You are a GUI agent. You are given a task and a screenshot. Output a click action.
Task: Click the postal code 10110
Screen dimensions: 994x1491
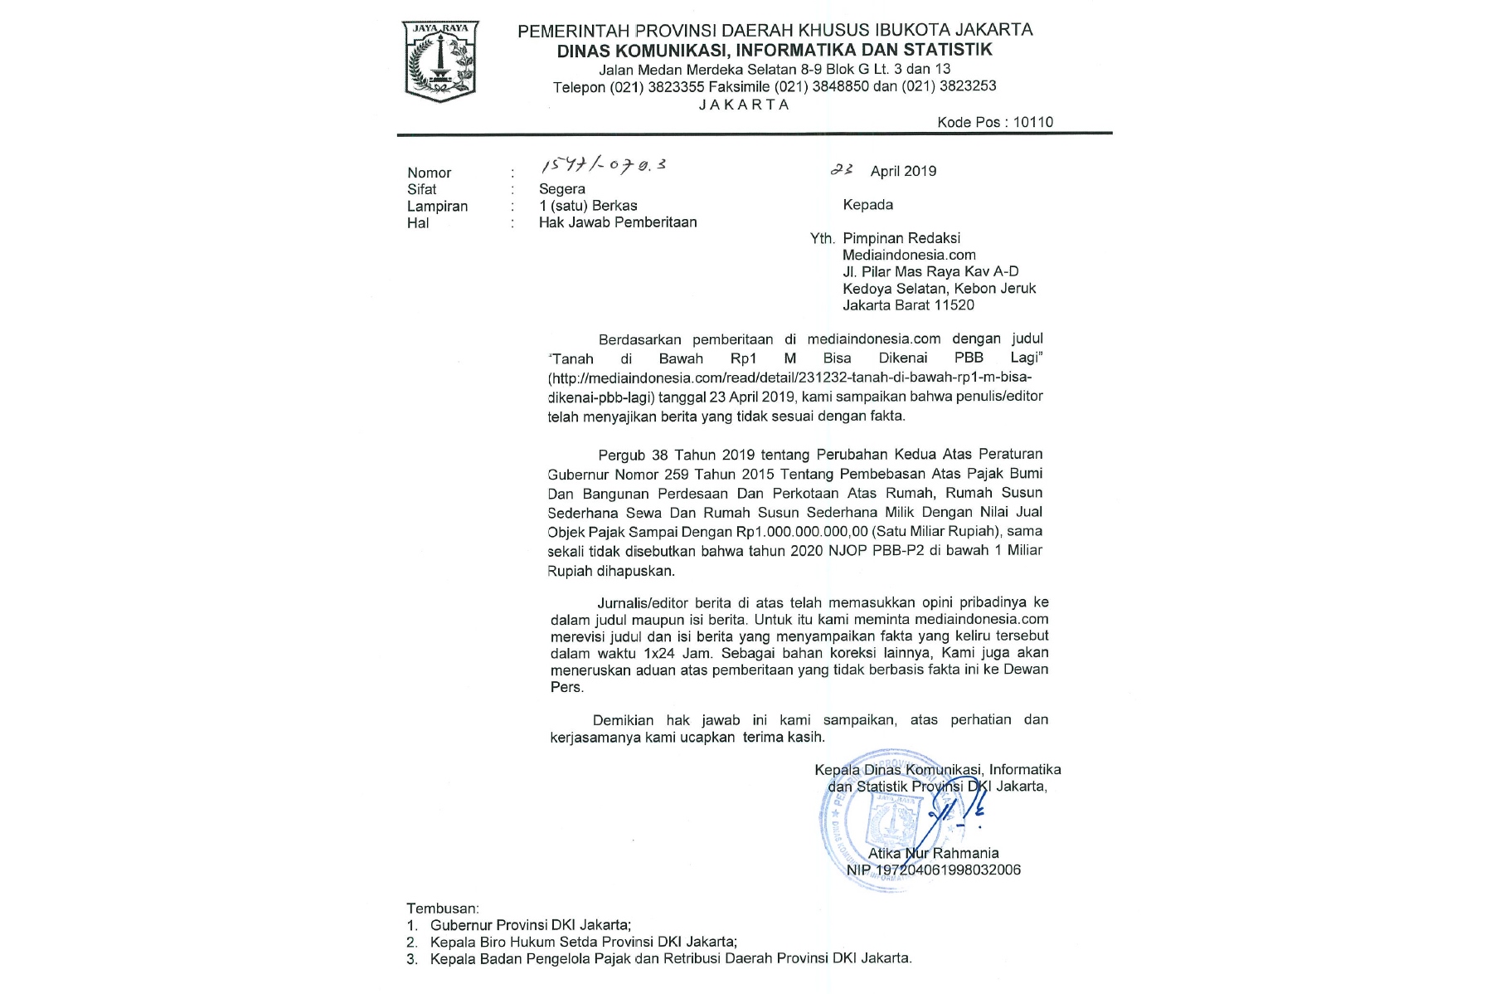(1032, 122)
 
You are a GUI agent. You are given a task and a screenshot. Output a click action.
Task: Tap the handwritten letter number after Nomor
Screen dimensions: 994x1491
(603, 166)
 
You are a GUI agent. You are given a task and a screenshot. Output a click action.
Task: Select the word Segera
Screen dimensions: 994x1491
(561, 189)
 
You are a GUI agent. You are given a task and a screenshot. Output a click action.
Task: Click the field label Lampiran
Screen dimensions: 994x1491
(437, 206)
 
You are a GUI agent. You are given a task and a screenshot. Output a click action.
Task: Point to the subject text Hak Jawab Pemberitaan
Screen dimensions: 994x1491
(617, 222)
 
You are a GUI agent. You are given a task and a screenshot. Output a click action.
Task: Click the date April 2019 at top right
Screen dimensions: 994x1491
(902, 171)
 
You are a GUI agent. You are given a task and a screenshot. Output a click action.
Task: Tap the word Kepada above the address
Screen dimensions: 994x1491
(867, 205)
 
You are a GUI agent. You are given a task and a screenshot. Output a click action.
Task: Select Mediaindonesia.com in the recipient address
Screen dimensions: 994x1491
(909, 255)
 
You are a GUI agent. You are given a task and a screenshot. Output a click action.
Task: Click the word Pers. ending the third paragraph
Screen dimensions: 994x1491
(567, 687)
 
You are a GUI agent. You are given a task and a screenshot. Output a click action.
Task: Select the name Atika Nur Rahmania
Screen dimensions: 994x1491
(933, 853)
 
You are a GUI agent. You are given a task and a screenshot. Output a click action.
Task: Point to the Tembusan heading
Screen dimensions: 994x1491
(442, 909)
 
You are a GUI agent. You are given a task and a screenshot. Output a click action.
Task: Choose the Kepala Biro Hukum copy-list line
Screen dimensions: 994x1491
(583, 942)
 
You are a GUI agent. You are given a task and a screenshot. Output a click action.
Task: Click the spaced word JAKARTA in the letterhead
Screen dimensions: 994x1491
(744, 105)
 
